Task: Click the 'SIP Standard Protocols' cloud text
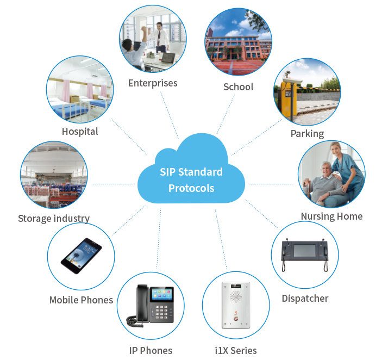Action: (191, 180)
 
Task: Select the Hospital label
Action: (80, 132)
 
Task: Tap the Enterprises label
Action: (153, 83)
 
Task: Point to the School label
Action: (238, 87)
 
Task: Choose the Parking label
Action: (307, 134)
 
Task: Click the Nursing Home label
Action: (331, 216)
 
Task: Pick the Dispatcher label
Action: (305, 299)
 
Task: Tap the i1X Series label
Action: (236, 350)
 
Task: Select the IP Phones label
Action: (151, 350)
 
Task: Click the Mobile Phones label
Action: (82, 300)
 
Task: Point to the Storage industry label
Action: (54, 219)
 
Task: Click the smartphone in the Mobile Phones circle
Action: (82, 257)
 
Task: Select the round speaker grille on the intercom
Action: (236, 298)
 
